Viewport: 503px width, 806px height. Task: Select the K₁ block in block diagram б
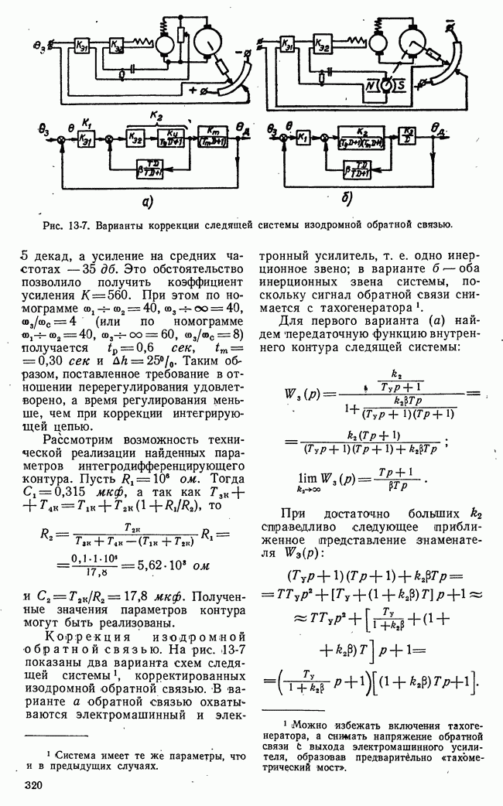[304, 136]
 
